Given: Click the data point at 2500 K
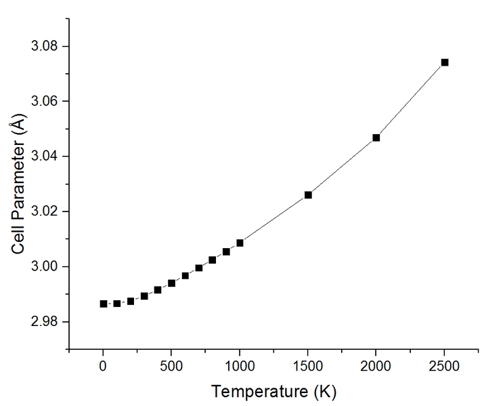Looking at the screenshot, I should point(445,62).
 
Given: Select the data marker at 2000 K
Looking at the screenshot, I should point(376,138).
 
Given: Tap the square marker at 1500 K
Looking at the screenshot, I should point(308,195).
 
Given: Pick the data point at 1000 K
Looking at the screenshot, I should point(240,243).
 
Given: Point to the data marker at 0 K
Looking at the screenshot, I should point(104,304).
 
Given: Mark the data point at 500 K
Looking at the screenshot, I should point(171,283).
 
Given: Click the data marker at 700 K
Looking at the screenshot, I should point(198,268).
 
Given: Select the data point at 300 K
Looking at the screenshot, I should point(144,296).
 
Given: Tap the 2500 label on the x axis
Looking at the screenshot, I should point(444,366).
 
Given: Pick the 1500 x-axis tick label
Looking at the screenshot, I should point(308,366).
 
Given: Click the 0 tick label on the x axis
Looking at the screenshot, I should point(104,366).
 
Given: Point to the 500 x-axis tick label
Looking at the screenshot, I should point(171,366).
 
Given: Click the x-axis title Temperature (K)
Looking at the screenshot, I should point(273,391).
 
